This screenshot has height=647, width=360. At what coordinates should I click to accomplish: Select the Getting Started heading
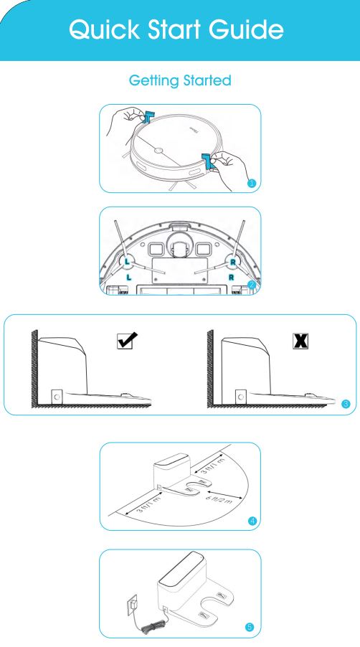[x=180, y=81]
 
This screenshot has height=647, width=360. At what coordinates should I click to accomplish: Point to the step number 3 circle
[x=346, y=405]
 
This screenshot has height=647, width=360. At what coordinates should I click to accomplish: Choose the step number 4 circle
[x=251, y=519]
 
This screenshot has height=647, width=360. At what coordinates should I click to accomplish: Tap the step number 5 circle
[x=249, y=627]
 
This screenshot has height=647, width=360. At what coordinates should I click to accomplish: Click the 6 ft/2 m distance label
[x=217, y=497]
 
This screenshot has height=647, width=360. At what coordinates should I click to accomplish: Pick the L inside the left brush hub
[x=127, y=261]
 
